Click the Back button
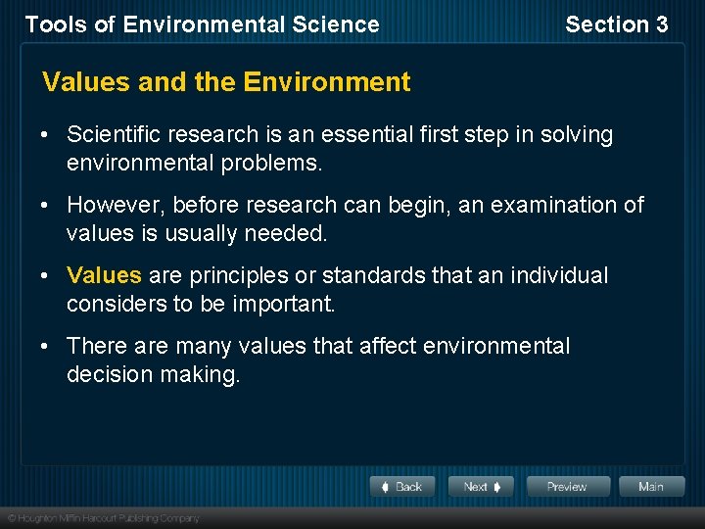[x=402, y=487]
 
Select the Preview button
[x=568, y=487]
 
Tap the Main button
[x=650, y=487]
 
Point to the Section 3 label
[x=616, y=24]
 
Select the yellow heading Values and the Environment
[x=226, y=82]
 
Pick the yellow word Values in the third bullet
[x=104, y=276]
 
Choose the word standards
[x=373, y=276]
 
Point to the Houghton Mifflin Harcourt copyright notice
[x=103, y=517]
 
